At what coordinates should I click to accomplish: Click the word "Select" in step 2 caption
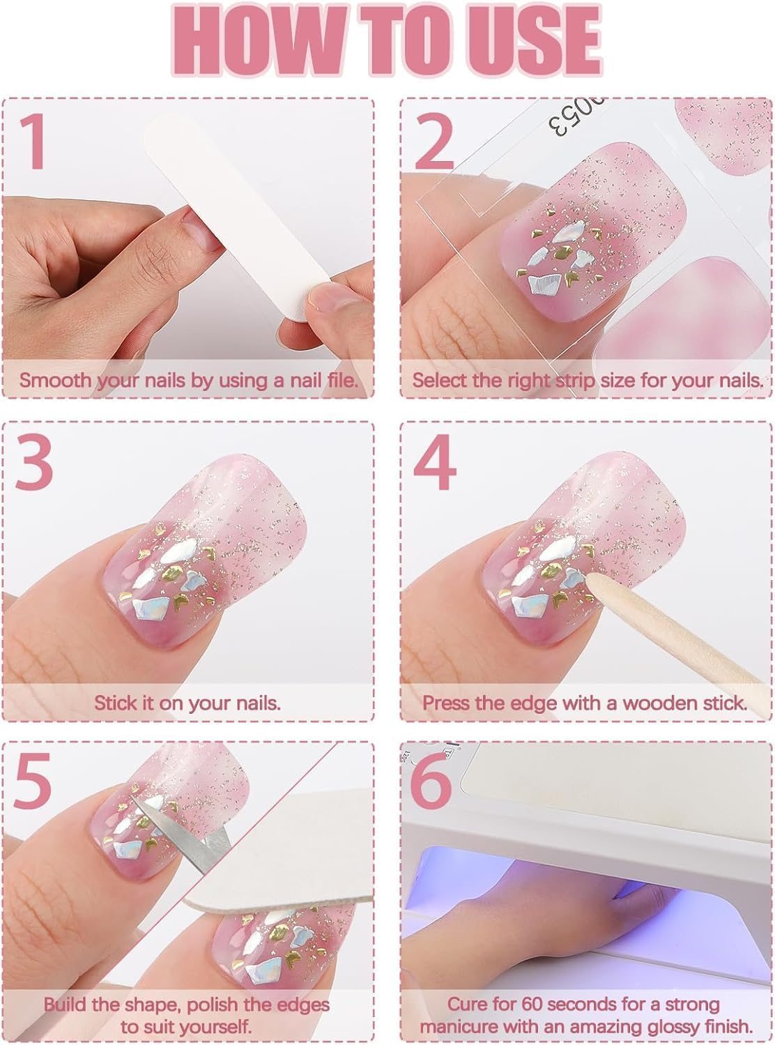click(x=438, y=381)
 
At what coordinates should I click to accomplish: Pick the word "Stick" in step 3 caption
click(x=116, y=702)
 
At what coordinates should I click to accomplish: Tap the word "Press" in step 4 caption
click(x=446, y=702)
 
